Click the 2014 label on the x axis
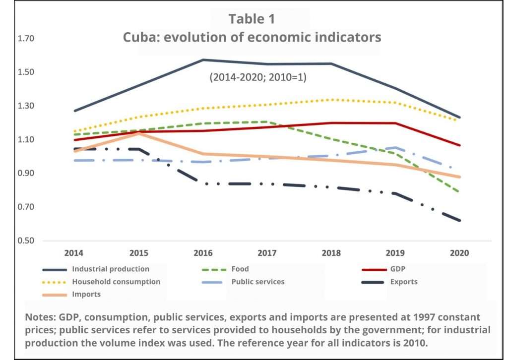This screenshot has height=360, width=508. click(74, 253)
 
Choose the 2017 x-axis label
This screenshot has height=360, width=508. click(267, 253)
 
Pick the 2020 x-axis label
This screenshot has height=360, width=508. click(460, 253)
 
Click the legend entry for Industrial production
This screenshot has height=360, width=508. click(110, 269)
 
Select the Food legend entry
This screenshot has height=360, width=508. click(240, 269)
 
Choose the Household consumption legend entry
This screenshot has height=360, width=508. click(116, 282)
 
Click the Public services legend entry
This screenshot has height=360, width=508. click(258, 282)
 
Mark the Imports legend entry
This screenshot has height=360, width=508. click(86, 294)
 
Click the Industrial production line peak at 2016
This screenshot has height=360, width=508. click(203, 60)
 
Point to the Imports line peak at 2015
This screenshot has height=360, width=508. click(138, 133)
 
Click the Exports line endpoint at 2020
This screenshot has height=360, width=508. click(460, 221)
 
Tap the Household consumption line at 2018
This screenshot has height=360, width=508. click(332, 100)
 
